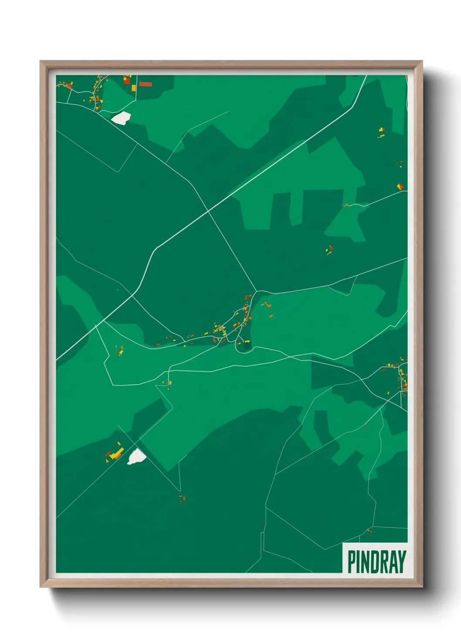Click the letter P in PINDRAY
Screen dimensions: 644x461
click(x=352, y=562)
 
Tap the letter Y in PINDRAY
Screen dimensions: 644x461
click(x=402, y=562)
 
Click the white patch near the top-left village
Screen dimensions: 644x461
click(x=121, y=117)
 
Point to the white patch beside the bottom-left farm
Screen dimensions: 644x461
click(x=136, y=456)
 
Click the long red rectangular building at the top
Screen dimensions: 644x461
click(x=146, y=84)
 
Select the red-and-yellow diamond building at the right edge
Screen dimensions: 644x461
click(x=400, y=186)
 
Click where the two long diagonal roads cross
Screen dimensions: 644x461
click(x=208, y=211)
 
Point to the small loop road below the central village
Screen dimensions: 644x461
click(x=243, y=346)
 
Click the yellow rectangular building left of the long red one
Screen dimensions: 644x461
click(x=134, y=88)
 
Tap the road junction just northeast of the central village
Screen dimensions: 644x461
click(x=257, y=291)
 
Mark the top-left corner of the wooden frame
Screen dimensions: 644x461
click(x=41, y=61)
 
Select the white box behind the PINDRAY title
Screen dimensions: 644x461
click(x=376, y=558)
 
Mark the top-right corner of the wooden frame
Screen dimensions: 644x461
click(x=422, y=61)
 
